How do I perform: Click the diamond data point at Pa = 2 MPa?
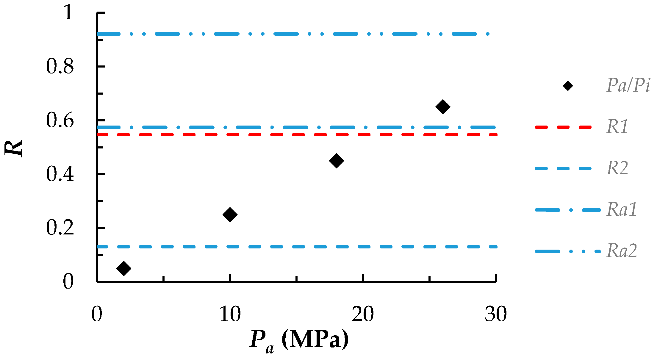[124, 268]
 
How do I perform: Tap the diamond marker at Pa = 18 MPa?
[337, 161]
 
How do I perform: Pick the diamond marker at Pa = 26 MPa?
[443, 107]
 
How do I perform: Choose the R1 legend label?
[617, 127]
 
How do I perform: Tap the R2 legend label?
[617, 168]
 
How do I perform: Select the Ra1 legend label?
[622, 209]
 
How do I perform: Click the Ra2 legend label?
[622, 251]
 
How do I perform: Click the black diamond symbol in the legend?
[568, 86]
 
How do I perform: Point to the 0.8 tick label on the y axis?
[60, 66]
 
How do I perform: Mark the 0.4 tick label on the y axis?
[60, 174]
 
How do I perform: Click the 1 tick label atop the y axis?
[68, 13]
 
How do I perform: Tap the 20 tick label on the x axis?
[363, 314]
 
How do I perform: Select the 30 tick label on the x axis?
[495, 314]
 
